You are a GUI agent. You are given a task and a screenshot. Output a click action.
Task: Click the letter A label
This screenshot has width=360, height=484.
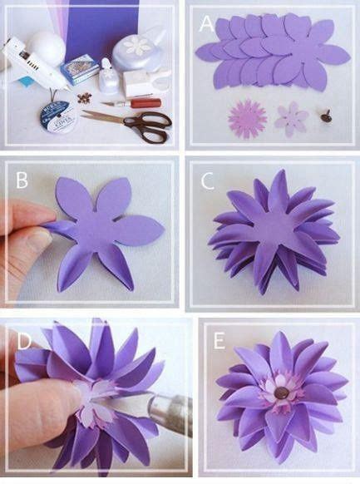point(207,25)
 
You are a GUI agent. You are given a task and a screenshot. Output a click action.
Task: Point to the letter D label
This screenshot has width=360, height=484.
point(23,340)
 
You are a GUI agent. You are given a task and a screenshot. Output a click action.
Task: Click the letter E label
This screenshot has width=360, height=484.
point(218,341)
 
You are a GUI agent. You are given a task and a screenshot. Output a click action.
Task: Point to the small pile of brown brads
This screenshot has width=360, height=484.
point(82,98)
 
